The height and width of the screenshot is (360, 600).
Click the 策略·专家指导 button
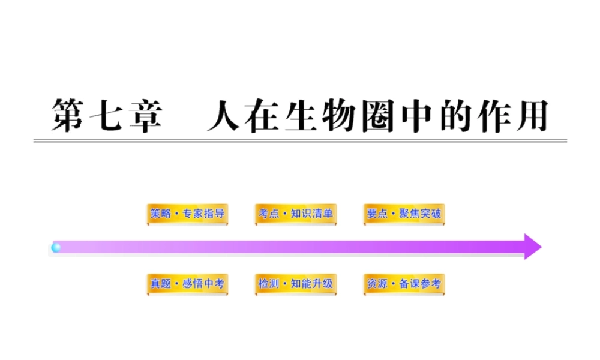click(x=187, y=214)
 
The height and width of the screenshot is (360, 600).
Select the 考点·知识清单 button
click(x=295, y=214)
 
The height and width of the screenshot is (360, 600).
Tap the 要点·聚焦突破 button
click(x=404, y=214)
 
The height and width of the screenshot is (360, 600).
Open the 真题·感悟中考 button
click(x=187, y=283)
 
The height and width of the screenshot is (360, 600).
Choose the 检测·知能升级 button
click(x=295, y=283)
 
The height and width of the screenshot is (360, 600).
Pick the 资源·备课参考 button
click(x=404, y=283)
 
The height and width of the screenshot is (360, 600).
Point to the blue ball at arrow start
click(x=56, y=247)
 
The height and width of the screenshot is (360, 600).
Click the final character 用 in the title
click(x=530, y=115)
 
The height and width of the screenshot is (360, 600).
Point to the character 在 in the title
click(x=263, y=115)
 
